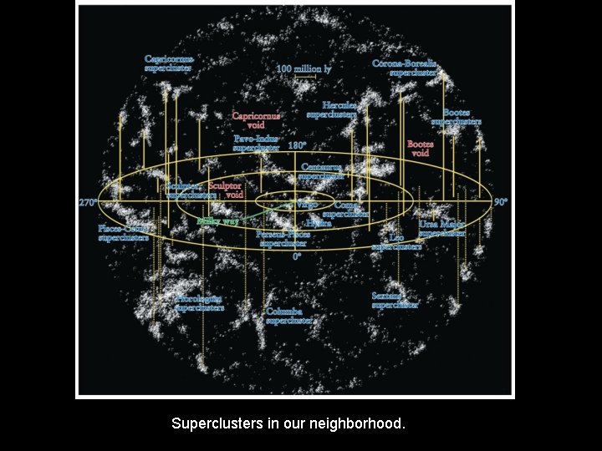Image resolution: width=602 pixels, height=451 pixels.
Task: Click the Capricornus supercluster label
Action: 169,63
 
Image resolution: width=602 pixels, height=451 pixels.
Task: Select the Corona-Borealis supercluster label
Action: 405,68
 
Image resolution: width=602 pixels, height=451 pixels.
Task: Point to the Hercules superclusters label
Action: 332,109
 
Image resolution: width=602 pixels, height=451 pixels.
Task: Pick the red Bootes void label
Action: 420,149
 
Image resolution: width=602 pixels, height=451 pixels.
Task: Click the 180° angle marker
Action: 298,144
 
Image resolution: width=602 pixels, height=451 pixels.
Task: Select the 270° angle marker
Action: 89,203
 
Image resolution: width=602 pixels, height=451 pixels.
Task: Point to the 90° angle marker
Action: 501,202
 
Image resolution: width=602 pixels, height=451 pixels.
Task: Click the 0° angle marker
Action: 297,257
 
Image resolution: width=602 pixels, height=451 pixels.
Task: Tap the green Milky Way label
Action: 218,221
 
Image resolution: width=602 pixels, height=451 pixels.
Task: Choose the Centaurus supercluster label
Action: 322,172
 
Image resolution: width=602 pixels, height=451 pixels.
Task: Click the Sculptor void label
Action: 225,190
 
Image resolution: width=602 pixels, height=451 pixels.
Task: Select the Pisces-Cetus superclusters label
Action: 123,232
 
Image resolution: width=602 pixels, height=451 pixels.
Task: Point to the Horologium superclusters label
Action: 199,302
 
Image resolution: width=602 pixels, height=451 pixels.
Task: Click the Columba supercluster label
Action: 289,315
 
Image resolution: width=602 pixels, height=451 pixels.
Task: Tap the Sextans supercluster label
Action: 395,300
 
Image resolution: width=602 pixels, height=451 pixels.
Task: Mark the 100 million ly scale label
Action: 304,69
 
